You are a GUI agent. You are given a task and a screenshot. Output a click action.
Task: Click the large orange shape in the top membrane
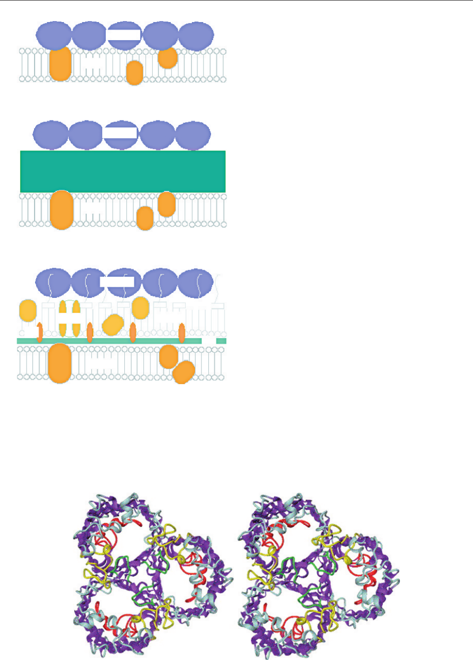(x=60, y=64)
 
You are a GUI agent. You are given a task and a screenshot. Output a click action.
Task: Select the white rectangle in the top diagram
(x=124, y=35)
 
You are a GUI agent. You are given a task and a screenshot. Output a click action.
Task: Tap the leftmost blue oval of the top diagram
(x=54, y=35)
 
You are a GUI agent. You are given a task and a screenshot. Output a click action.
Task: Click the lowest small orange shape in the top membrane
(x=135, y=73)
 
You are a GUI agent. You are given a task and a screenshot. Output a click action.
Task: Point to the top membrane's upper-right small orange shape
(x=167, y=58)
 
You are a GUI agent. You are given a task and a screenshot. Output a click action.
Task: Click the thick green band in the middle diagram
(x=123, y=171)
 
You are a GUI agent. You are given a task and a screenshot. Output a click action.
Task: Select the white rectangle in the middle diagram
(x=120, y=133)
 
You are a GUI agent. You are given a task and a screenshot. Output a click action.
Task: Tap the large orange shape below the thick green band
(x=62, y=210)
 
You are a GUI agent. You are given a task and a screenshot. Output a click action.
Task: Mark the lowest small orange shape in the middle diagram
(x=145, y=218)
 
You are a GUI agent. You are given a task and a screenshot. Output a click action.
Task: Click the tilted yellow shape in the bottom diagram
(x=113, y=324)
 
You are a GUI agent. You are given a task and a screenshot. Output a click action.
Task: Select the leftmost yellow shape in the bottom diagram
(x=28, y=310)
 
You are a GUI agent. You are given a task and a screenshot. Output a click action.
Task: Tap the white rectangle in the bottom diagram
(x=117, y=281)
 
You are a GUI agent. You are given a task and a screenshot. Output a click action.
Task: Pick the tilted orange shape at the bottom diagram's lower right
(x=184, y=372)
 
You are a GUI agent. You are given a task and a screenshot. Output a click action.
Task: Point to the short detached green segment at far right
(x=221, y=341)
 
